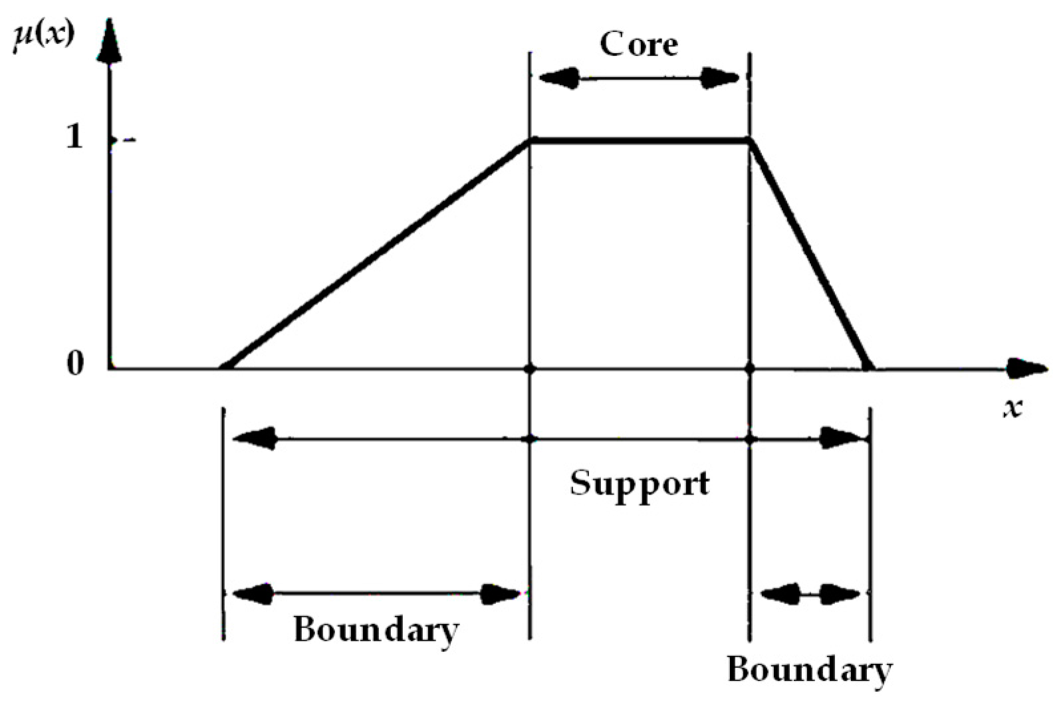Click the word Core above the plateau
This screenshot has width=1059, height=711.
[639, 45]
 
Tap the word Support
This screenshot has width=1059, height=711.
[640, 484]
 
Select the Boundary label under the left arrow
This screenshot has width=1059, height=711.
[376, 629]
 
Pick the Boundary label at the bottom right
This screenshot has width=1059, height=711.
[810, 670]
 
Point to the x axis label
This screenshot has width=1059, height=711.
[1012, 407]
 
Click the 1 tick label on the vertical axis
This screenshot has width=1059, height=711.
[74, 138]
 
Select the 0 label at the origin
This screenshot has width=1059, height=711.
[75, 363]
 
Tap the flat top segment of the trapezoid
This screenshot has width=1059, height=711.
[640, 140]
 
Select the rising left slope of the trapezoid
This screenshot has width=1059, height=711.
[376, 254]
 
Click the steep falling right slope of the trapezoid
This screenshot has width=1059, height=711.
[810, 254]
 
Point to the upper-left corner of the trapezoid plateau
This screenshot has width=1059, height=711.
[530, 140]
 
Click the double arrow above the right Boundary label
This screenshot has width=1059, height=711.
[810, 593]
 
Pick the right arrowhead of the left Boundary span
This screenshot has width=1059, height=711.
[500, 593]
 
